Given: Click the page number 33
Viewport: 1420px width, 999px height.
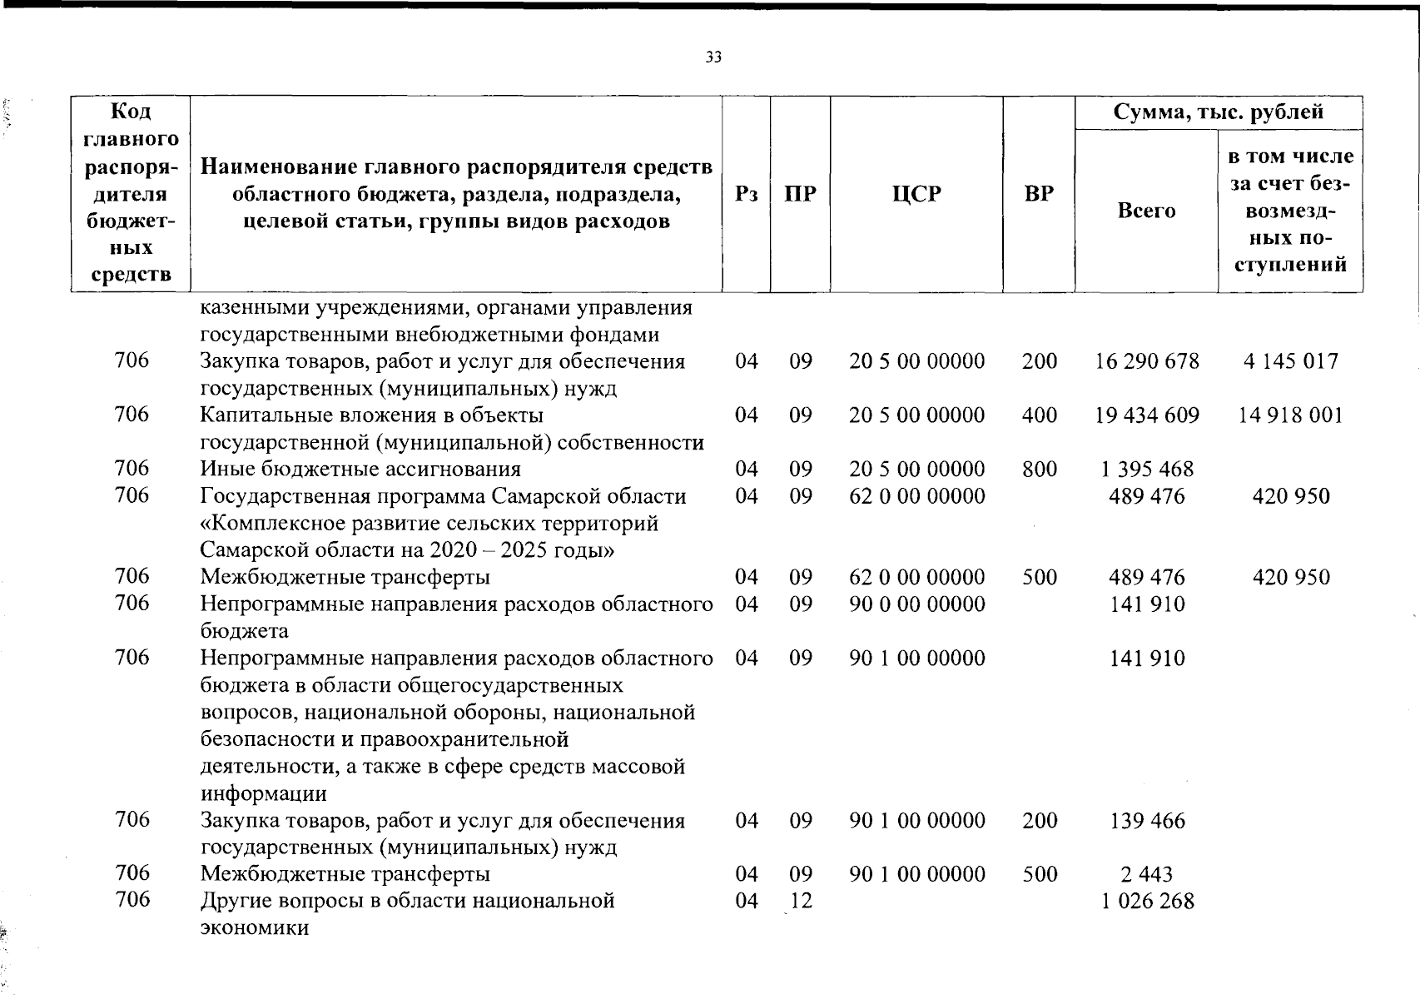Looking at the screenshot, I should (713, 57).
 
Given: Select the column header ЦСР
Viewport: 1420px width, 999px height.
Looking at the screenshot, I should (916, 194).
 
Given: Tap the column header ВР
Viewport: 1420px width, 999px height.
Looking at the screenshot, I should (1039, 194).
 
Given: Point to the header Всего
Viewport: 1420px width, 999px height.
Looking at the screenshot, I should (1146, 211).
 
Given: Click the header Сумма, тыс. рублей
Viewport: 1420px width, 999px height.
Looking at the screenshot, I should (1219, 112).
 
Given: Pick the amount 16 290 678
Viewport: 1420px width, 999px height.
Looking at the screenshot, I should (1147, 361).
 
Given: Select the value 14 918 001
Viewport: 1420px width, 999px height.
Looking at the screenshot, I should (1290, 415).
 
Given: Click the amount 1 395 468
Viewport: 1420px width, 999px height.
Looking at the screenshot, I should (1147, 470).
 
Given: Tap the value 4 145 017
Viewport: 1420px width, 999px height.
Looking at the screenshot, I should (1290, 361).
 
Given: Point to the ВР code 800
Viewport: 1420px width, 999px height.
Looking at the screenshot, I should (1040, 470).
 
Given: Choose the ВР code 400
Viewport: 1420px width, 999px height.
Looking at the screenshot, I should (1040, 415).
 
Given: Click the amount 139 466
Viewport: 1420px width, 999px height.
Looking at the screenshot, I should (1147, 821).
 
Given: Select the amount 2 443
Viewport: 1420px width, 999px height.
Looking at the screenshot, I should (1147, 874).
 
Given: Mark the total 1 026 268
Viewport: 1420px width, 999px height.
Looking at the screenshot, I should (1147, 902).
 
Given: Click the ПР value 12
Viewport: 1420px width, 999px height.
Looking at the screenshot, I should (800, 901).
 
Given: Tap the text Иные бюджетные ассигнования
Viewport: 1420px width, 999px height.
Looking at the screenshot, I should (360, 470).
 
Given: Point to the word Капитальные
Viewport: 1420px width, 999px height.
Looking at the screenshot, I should (263, 415).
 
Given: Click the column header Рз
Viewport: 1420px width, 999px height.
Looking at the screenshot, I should (747, 194).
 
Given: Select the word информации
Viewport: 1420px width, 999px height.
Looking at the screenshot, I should (263, 793).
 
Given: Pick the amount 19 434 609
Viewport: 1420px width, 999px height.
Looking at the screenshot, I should (1147, 415).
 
